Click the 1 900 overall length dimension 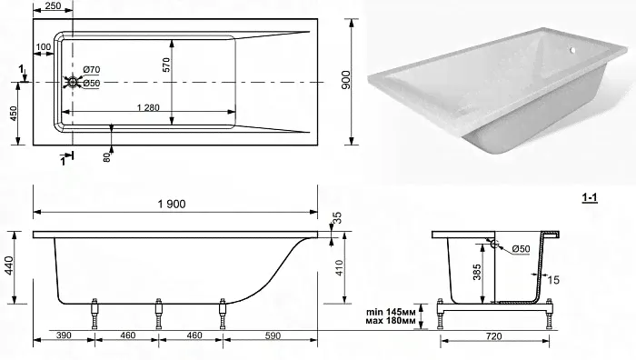point(172,204)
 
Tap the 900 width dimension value point(345,80)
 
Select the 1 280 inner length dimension point(148,107)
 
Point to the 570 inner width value point(166,65)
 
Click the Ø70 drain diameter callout point(91,70)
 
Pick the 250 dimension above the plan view point(53,5)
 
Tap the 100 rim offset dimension point(44,47)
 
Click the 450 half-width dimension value point(14,114)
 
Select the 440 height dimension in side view point(9,265)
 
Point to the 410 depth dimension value point(339,268)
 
